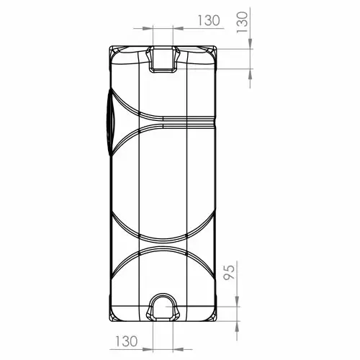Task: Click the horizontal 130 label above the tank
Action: (x=209, y=20)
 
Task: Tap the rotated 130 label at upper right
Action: (x=242, y=22)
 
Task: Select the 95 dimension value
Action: (x=229, y=272)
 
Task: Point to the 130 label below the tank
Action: (x=127, y=341)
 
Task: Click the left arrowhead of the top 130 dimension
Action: (x=148, y=28)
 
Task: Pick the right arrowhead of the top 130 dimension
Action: (x=179, y=28)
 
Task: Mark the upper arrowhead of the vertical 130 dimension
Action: (x=251, y=44)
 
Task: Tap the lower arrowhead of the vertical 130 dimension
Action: (x=251, y=74)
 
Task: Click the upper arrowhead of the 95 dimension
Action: (x=237, y=301)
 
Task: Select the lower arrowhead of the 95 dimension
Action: (x=237, y=326)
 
